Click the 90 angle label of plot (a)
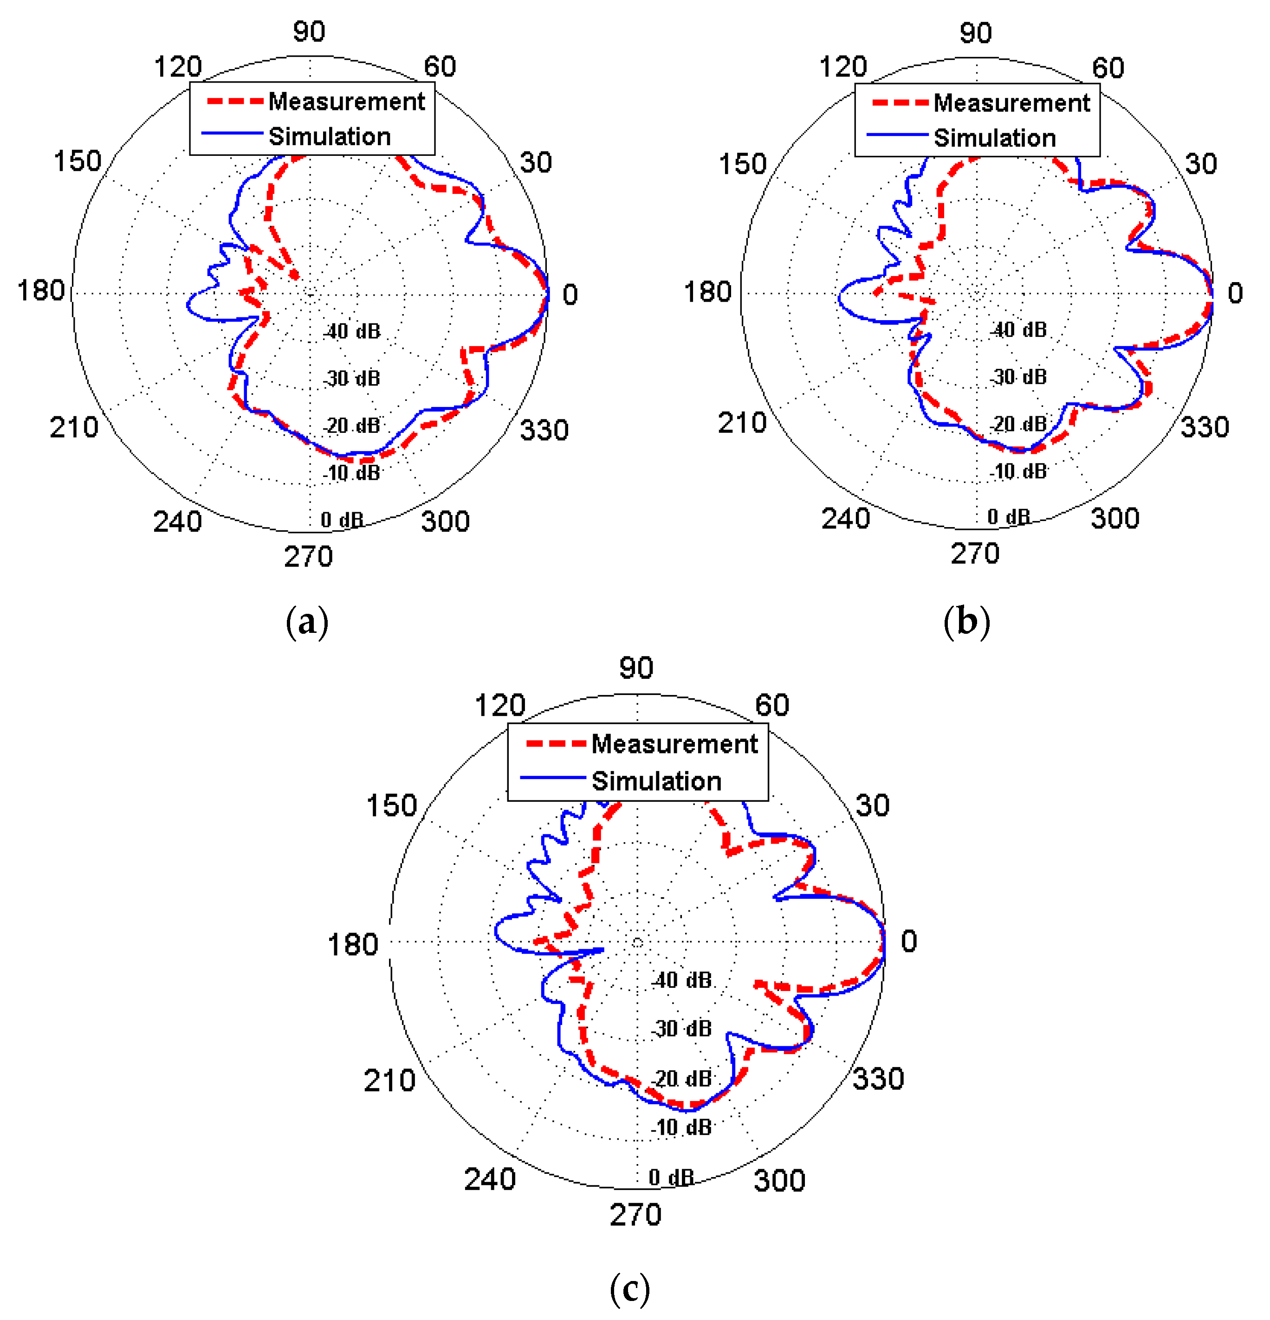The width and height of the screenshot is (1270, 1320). click(309, 32)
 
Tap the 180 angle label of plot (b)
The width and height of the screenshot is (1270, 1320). click(707, 292)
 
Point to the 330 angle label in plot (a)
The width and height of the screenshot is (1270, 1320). click(544, 430)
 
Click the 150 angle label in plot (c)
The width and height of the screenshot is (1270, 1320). click(391, 805)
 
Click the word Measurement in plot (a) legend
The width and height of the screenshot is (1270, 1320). click(346, 102)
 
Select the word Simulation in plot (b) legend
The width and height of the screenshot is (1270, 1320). click(994, 138)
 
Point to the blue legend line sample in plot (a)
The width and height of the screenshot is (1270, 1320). click(231, 133)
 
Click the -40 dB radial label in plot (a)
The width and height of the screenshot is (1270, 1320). click(352, 331)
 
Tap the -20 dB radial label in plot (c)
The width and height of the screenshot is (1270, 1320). click(682, 1078)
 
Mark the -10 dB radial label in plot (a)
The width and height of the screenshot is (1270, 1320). click(352, 473)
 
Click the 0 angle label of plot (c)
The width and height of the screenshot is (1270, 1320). click(908, 941)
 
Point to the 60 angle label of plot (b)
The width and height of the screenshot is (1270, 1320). click(1108, 68)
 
